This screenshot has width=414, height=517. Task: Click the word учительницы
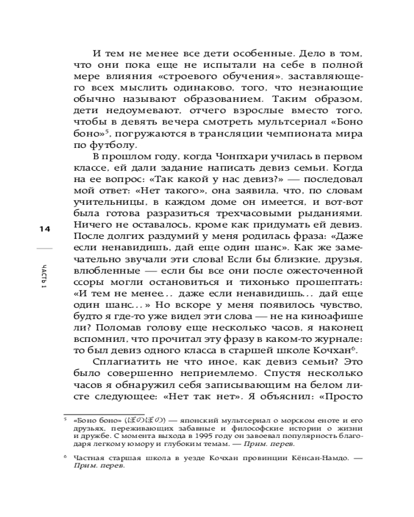pyautogui.click(x=105, y=204)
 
